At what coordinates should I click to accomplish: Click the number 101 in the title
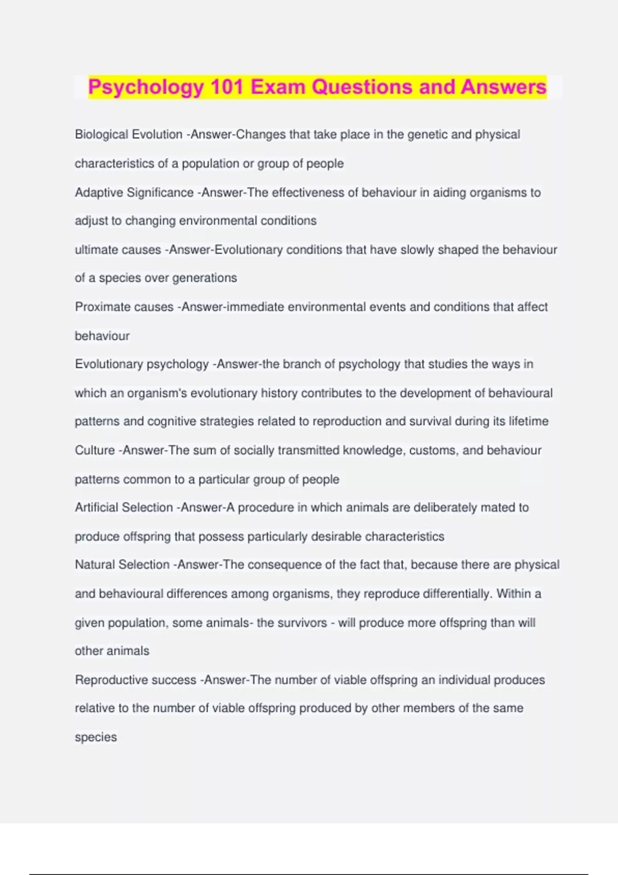(x=227, y=86)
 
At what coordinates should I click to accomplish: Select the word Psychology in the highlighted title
(x=146, y=86)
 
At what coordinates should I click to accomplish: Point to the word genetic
(x=427, y=134)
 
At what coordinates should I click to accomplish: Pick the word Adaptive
(x=99, y=192)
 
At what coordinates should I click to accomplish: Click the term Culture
(x=95, y=450)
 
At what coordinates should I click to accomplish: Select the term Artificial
(x=96, y=507)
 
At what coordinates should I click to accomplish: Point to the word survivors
(x=302, y=623)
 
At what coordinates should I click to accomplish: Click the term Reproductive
(x=109, y=680)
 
